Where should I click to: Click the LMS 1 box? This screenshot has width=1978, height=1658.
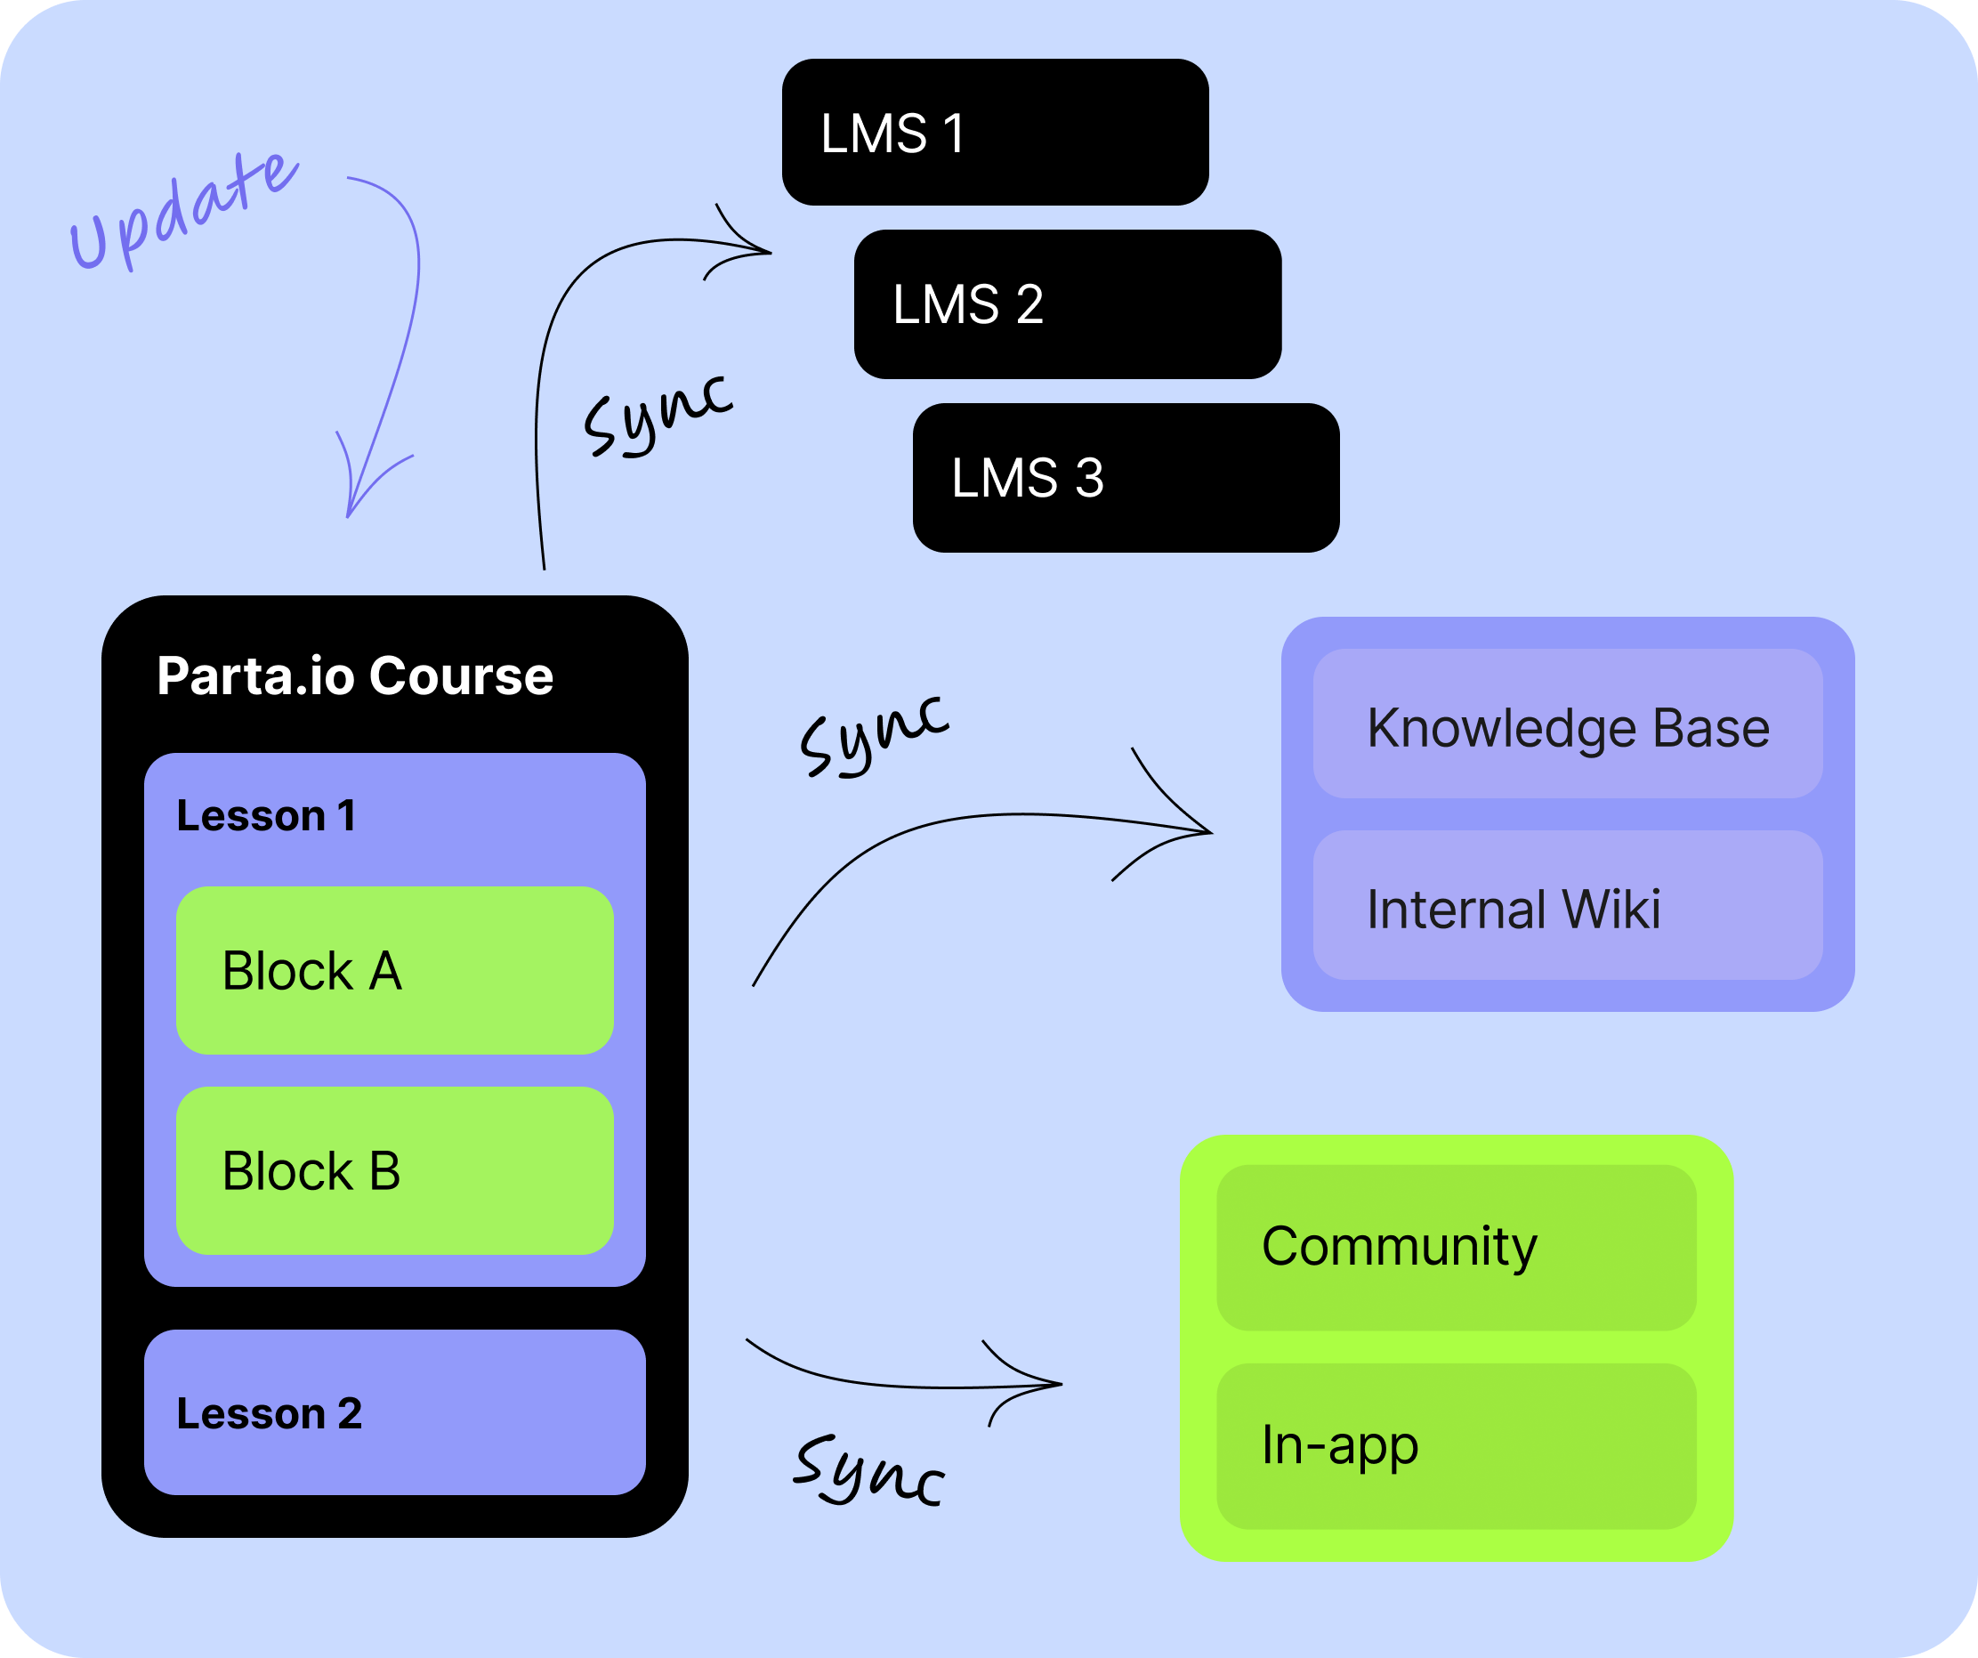[x=995, y=132]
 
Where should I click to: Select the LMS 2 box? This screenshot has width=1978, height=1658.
[x=1067, y=304]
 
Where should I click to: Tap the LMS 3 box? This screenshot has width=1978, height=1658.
[x=1126, y=478]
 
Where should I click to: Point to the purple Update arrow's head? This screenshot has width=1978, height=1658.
[x=351, y=509]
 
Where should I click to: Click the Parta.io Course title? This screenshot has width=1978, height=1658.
[x=355, y=676]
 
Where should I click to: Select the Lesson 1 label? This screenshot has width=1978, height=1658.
[x=267, y=816]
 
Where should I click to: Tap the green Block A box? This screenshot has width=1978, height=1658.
[x=395, y=970]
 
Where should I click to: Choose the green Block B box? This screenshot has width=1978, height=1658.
[x=395, y=1171]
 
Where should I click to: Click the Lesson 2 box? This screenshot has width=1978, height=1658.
[x=395, y=1412]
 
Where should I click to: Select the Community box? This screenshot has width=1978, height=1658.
[x=1457, y=1247]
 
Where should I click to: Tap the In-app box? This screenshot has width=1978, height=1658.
[x=1457, y=1446]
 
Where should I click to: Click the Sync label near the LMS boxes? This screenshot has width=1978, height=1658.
[x=658, y=415]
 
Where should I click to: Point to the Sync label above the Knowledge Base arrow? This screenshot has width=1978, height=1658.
[x=874, y=735]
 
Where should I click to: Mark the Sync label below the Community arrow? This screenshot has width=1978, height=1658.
[x=868, y=1470]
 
